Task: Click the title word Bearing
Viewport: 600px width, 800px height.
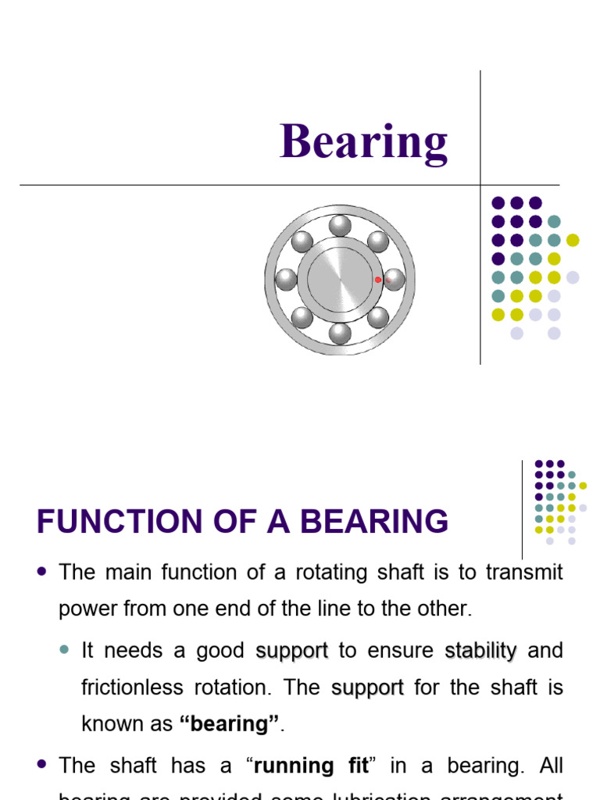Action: coord(364,143)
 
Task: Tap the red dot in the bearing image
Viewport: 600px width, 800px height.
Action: coord(378,279)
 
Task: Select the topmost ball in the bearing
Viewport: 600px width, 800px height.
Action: coord(340,226)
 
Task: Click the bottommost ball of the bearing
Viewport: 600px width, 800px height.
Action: coord(340,333)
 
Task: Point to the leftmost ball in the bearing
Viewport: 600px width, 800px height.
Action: coord(287,279)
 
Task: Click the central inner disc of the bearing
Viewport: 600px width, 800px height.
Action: coord(340,279)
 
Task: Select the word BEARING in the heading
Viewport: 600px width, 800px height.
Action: coord(373,521)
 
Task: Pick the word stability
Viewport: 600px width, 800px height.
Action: coord(480,651)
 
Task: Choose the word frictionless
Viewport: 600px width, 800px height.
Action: coord(130,687)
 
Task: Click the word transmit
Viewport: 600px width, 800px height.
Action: coord(524,573)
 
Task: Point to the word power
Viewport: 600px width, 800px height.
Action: coord(85,609)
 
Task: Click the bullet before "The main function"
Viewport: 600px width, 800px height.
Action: coord(42,572)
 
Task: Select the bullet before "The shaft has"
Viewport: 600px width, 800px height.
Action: coord(42,765)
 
